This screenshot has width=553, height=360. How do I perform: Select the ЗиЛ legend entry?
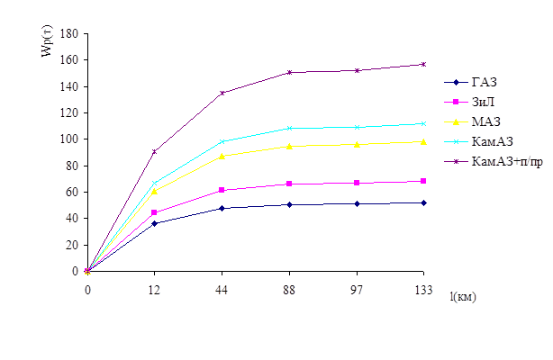485,102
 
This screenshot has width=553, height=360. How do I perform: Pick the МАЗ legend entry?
485,121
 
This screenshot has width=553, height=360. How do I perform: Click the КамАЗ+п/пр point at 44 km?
222,93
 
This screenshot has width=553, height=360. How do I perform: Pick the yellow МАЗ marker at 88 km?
289,146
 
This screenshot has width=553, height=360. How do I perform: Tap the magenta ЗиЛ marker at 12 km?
154,213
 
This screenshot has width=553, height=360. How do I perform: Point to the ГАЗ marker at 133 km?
423,202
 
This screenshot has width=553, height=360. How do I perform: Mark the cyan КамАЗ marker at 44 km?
222,141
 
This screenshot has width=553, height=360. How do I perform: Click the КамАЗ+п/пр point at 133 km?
423,64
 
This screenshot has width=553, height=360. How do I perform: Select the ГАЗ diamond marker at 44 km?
222,208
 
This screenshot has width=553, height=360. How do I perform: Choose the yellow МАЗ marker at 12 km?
154,191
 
